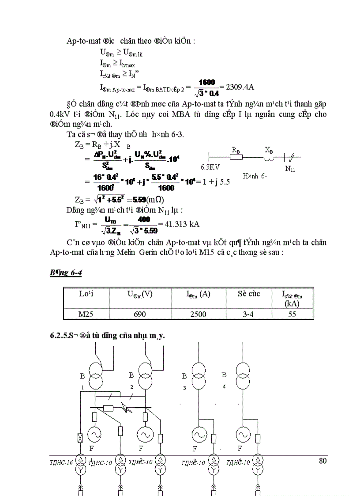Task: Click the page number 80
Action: [322, 461]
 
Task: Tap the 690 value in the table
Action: [140, 314]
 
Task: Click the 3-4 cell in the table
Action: [248, 314]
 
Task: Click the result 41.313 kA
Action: [181, 224]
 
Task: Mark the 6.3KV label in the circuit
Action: [210, 167]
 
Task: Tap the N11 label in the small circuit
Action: [290, 168]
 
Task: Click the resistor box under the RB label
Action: [236, 157]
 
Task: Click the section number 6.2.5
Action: [58, 336]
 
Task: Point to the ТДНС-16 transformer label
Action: [61, 462]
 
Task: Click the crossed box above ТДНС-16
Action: [81, 439]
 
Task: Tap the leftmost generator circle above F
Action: [95, 435]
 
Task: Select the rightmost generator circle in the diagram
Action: [242, 435]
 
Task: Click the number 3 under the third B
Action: [184, 388]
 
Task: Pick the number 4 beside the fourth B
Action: [225, 386]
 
